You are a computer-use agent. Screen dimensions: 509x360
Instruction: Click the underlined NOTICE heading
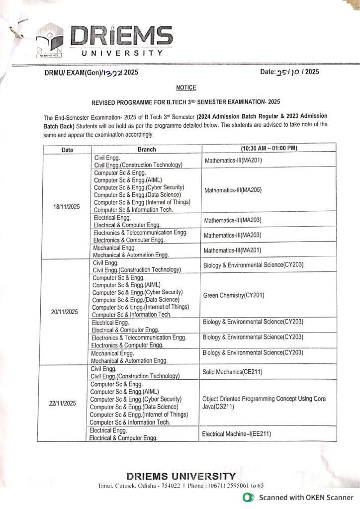[x=186, y=88]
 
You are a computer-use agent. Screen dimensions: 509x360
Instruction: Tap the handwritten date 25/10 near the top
[x=289, y=72]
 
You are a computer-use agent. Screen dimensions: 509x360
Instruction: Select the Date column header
[x=67, y=149]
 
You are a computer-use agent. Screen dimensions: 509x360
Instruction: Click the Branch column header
[x=147, y=149]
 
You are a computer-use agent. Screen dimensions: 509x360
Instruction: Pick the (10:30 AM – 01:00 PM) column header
[x=269, y=148]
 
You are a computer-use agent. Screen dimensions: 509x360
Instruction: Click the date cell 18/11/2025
[x=67, y=207]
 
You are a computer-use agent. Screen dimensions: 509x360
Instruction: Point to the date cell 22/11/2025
[x=63, y=404]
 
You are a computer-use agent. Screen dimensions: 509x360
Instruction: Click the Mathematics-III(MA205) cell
[x=232, y=190]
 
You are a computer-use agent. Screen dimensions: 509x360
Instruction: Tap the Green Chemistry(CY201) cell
[x=234, y=295]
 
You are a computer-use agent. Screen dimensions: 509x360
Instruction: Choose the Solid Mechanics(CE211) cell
[x=232, y=372]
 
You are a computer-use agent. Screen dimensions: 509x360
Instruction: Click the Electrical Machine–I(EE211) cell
[x=236, y=434]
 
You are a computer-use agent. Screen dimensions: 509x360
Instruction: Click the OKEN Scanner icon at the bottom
[x=247, y=497]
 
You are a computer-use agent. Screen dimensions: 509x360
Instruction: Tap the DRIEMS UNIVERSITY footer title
[x=181, y=476]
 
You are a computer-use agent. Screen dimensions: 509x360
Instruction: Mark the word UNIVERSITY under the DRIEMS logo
[x=122, y=53]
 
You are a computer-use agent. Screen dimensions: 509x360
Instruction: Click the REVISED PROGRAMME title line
[x=186, y=102]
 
